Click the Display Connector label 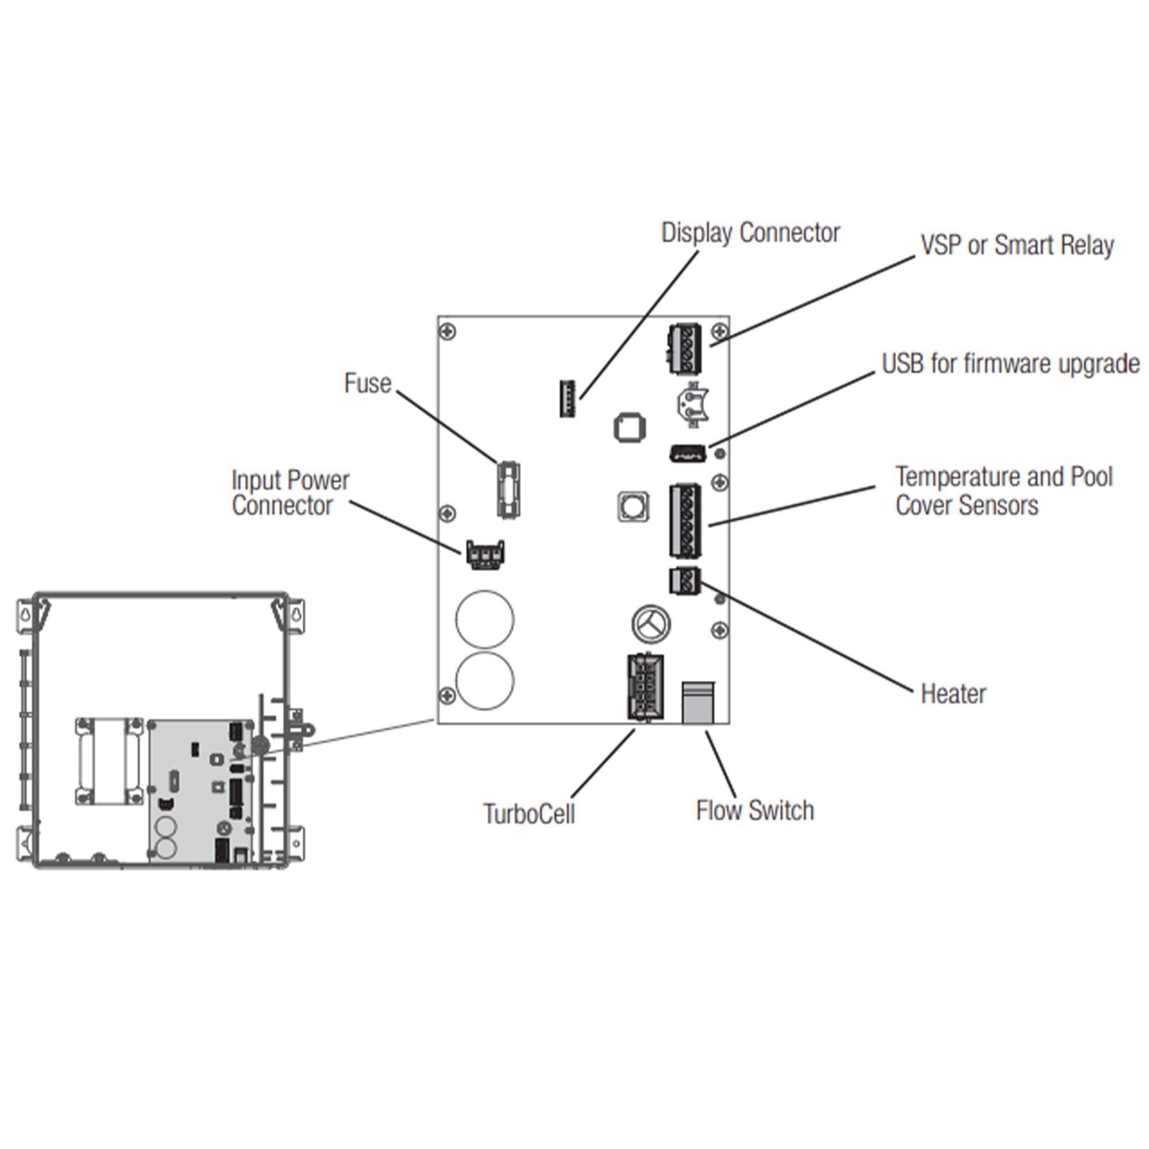(750, 233)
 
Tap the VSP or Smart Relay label (1017, 246)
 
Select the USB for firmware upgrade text (1011, 364)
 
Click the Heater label (953, 693)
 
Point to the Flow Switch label (755, 811)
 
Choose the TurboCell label (529, 814)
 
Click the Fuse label (368, 384)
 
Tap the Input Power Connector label (290, 493)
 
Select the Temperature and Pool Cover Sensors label (1004, 491)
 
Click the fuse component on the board (508, 488)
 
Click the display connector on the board (568, 398)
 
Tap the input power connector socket (486, 554)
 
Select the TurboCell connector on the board (645, 687)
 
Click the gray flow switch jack (698, 703)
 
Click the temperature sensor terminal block (685, 521)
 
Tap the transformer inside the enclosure (109, 761)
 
